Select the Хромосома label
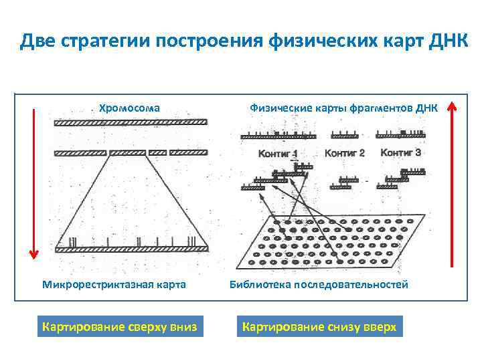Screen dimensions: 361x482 (x=129, y=106)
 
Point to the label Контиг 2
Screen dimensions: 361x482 (x=344, y=153)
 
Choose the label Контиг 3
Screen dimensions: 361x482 (x=400, y=152)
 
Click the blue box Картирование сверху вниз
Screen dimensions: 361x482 (x=120, y=327)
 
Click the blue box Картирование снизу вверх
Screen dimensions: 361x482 (x=319, y=327)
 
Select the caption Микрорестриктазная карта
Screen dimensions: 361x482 (x=114, y=285)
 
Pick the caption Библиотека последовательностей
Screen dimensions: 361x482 (x=319, y=285)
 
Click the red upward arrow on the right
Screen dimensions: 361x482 (x=453, y=180)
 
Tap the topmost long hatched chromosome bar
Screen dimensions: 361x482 (x=131, y=122)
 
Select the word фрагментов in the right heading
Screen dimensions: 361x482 (x=382, y=106)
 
